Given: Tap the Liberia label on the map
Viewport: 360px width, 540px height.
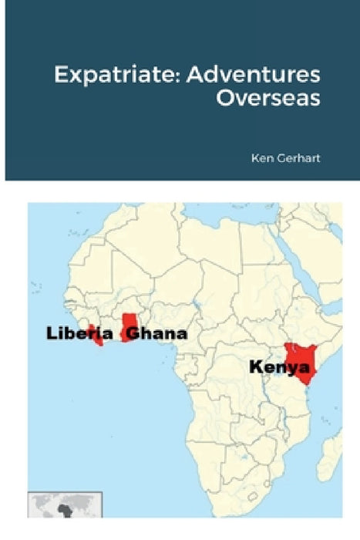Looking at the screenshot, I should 79,333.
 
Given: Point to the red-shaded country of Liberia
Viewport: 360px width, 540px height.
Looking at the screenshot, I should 96,337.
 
